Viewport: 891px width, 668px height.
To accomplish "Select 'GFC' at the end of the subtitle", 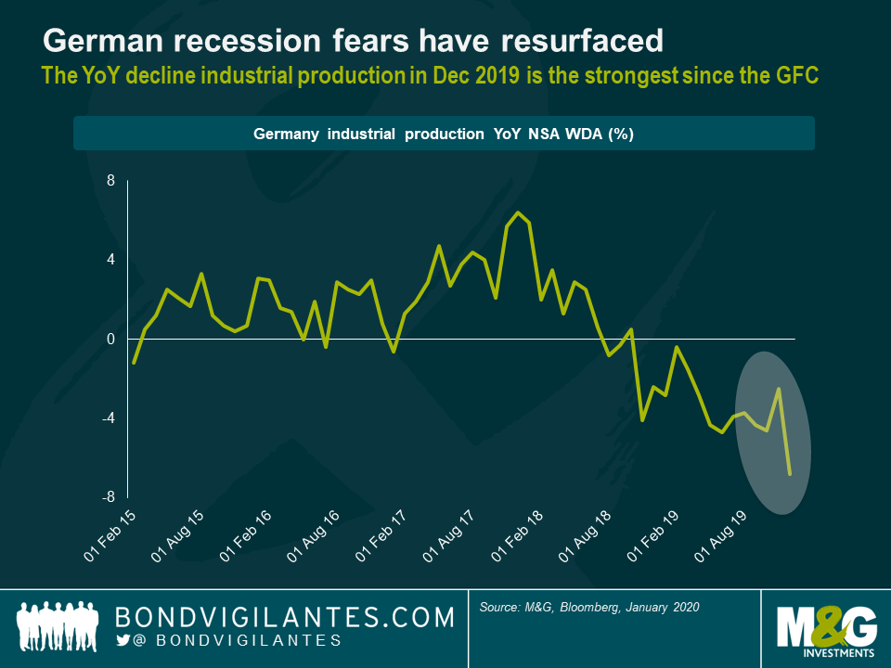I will [x=795, y=75].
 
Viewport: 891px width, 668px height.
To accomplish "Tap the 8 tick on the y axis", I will [x=110, y=181].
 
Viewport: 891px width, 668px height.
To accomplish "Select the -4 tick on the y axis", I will [x=108, y=418].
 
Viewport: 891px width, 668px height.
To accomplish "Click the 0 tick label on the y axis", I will [x=110, y=340].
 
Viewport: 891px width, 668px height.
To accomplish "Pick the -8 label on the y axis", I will [x=108, y=497].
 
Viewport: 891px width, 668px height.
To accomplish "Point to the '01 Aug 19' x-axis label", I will [x=720, y=536].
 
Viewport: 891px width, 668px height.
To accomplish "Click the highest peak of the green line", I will [x=518, y=212].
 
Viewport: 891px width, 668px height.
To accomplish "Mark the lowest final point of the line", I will [x=790, y=474].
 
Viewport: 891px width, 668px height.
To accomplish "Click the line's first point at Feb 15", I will [x=134, y=363].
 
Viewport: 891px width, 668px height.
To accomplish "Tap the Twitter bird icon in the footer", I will [x=123, y=640].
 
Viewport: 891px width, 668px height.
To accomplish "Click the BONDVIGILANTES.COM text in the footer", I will [x=284, y=617].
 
